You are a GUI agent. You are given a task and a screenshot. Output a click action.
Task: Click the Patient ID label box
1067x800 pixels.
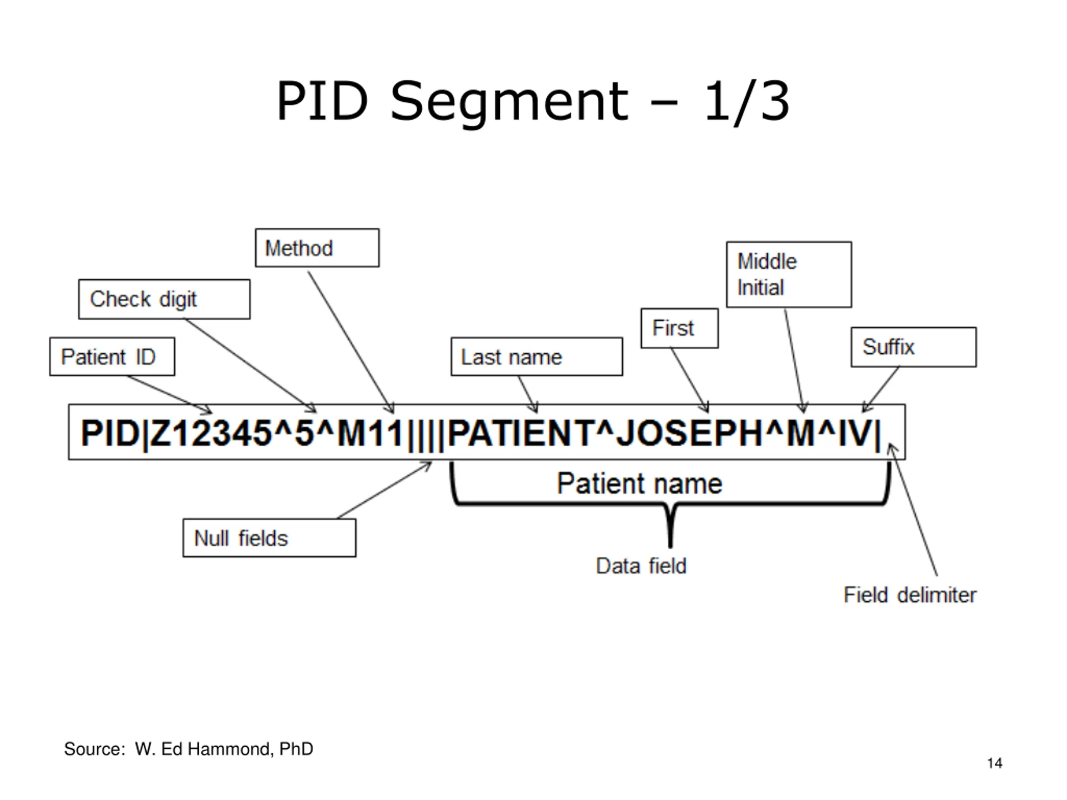tap(112, 356)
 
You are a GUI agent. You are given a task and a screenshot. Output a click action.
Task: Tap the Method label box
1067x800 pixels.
tap(317, 248)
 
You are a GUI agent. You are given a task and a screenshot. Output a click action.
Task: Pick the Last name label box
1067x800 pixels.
tap(536, 356)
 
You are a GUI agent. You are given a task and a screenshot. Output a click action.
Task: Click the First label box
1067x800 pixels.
tap(679, 328)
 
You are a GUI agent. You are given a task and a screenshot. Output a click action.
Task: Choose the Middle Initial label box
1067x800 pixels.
tap(789, 275)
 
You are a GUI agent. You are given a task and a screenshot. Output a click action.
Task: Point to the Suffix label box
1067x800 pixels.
tap(914, 347)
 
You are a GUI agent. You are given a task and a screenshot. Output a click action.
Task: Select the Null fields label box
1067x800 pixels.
tap(269, 537)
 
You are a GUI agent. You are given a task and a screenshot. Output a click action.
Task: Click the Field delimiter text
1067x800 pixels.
tap(910, 595)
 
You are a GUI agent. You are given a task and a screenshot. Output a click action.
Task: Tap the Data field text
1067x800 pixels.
tap(641, 566)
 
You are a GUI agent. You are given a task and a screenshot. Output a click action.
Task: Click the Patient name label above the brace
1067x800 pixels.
tap(640, 483)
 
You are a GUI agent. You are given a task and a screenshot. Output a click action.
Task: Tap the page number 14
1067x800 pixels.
tap(994, 763)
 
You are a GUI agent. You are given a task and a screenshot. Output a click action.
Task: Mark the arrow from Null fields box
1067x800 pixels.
tap(384, 490)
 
